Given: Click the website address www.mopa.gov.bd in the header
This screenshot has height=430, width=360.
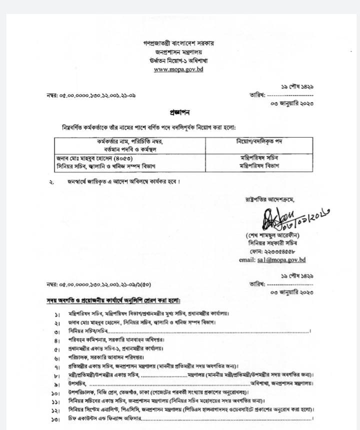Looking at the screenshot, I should tap(178, 69).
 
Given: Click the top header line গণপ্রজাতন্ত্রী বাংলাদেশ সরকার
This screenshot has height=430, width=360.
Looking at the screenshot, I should tap(178, 43).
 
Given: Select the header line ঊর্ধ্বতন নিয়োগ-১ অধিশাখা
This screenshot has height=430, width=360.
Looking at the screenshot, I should tap(178, 60).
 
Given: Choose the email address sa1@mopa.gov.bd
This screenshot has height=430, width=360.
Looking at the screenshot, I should tap(272, 259).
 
